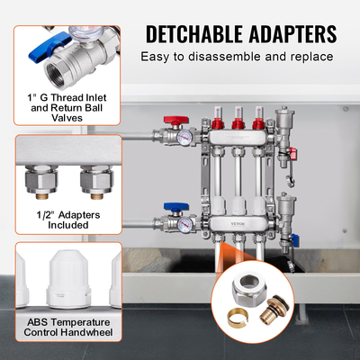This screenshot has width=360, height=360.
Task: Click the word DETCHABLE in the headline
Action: pos(194,34)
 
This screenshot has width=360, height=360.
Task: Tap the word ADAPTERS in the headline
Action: pos(293,34)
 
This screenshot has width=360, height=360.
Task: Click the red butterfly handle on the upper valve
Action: pos(176,121)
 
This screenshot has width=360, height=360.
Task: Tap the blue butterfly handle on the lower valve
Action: pos(176,207)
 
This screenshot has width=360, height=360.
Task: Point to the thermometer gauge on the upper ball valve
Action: pos(184,138)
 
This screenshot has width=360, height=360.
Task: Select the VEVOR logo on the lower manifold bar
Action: pos(238,223)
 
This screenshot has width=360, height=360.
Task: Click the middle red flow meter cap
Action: pos(238,124)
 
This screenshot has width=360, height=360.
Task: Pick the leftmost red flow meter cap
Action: pos(218,124)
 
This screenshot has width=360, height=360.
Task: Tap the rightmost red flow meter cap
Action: pos(258,124)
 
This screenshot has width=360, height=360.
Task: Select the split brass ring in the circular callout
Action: pos(238,319)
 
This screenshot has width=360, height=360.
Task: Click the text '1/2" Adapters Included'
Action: pos(68,220)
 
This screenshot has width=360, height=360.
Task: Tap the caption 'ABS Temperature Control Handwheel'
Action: pos(68,328)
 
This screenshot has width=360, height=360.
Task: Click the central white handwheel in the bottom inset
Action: pos(68,281)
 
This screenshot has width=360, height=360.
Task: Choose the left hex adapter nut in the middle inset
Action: pos(41,181)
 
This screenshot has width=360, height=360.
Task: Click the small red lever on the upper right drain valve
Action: pos(293,153)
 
